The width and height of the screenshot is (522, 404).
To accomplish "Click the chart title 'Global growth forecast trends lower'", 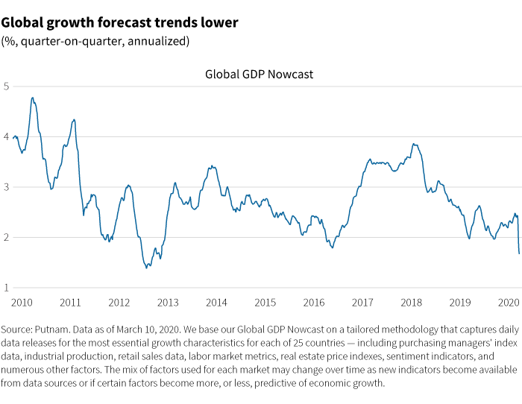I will tap(120, 22).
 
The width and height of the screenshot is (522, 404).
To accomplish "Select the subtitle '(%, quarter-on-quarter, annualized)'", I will tap(95, 41).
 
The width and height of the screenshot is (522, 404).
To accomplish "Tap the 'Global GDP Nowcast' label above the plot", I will tap(259, 75).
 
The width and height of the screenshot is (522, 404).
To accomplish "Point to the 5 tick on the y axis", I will tap(6, 86).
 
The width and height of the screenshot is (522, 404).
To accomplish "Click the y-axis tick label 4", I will tap(6, 137).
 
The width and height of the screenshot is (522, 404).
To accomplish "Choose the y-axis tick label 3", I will tap(6, 187).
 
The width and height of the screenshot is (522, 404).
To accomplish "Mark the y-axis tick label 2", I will tap(6, 238).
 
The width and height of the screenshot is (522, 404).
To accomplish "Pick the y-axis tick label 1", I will tap(6, 288).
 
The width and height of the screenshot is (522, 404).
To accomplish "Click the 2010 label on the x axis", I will tap(22, 303).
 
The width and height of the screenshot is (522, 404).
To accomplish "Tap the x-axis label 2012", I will tap(119, 303).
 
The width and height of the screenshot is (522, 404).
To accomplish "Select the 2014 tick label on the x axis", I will tap(216, 303).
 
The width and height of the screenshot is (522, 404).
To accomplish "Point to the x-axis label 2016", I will tap(314, 303).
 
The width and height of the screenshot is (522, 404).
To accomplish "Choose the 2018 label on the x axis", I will tap(411, 303).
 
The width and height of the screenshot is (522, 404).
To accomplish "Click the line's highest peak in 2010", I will tap(32, 98).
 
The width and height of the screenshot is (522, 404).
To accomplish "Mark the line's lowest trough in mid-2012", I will tap(146, 268).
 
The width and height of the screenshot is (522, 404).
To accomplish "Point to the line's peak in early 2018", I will tap(413, 144).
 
